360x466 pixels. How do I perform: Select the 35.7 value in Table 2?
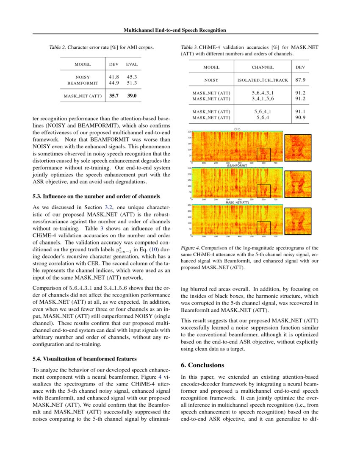114,96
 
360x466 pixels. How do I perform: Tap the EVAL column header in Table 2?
132,64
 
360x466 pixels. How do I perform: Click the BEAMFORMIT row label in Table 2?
83,83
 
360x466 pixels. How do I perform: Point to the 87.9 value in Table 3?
300,80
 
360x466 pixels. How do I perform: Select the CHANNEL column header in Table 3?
263,67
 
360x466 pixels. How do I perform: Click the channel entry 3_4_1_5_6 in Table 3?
263,99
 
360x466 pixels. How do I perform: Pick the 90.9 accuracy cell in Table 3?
300,117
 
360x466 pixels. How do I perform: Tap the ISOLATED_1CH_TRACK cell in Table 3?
263,80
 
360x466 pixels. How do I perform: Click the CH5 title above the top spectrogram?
237,129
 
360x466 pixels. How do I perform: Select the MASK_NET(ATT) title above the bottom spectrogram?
237,202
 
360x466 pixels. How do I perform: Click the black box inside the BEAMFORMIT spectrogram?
263,191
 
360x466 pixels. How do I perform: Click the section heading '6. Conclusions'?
202,365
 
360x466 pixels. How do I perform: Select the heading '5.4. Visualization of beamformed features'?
85,359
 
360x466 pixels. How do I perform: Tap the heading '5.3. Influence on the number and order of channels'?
96,197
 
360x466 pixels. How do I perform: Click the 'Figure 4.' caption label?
189,247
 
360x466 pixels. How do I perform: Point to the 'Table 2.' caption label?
58,47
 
